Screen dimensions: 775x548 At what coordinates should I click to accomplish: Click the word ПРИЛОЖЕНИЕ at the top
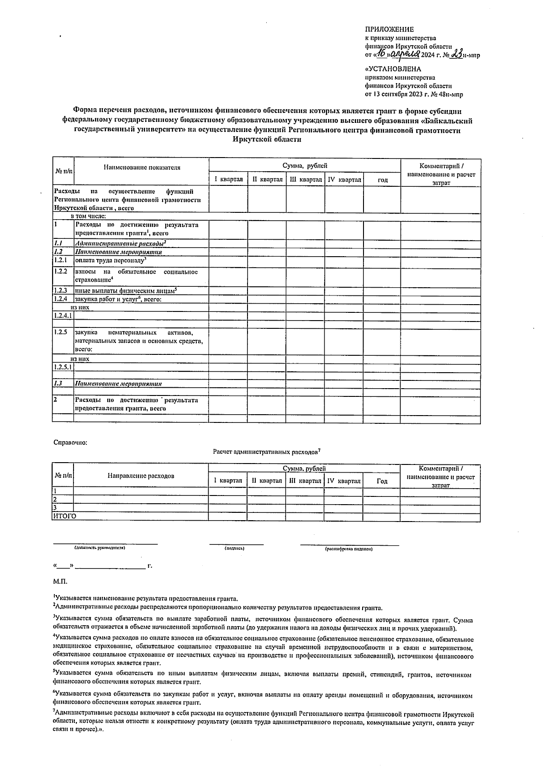(389, 29)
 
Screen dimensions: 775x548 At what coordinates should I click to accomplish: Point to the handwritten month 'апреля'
(405, 54)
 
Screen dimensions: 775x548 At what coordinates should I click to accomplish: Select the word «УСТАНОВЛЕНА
(392, 69)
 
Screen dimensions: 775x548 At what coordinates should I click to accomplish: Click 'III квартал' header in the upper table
(306, 179)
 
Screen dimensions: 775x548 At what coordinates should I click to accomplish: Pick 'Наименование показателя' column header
(142, 167)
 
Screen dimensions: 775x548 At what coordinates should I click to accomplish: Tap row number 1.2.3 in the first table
(60, 290)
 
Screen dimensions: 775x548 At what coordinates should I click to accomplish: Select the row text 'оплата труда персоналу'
(110, 260)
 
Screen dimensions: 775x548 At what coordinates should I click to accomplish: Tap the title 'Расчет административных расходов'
(266, 452)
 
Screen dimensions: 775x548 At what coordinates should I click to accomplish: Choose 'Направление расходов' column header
(141, 476)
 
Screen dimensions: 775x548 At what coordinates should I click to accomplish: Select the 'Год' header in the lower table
(382, 481)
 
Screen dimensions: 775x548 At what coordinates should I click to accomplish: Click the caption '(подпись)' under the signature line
(234, 548)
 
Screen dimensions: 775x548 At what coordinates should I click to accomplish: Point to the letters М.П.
(60, 581)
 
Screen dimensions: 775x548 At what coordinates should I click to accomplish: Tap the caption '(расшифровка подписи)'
(348, 549)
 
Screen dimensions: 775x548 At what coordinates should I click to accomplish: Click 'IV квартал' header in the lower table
(344, 481)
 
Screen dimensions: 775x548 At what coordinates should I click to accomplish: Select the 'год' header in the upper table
(382, 180)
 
